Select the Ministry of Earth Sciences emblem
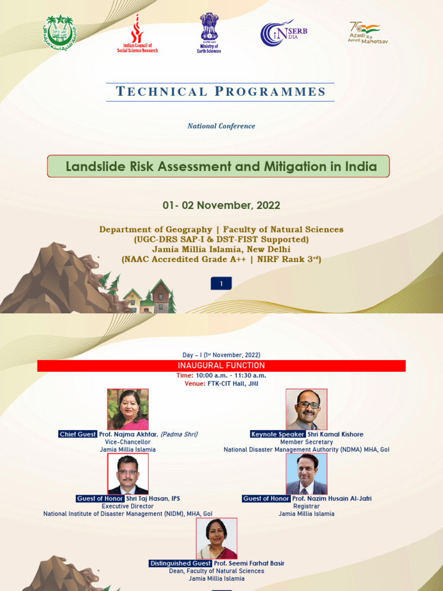pos(209,33)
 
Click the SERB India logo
pos(283,32)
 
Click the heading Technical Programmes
pos(221,92)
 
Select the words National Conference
pos(221,126)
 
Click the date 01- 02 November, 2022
pos(221,205)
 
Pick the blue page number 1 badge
pos(221,283)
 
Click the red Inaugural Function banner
pos(221,366)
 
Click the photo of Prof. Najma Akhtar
pos(128,409)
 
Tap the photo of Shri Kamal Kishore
pos(306,409)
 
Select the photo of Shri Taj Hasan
pos(128,474)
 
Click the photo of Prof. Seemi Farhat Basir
pos(216,538)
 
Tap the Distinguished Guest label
pos(180,563)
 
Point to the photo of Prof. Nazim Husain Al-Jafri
pos(306,474)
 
